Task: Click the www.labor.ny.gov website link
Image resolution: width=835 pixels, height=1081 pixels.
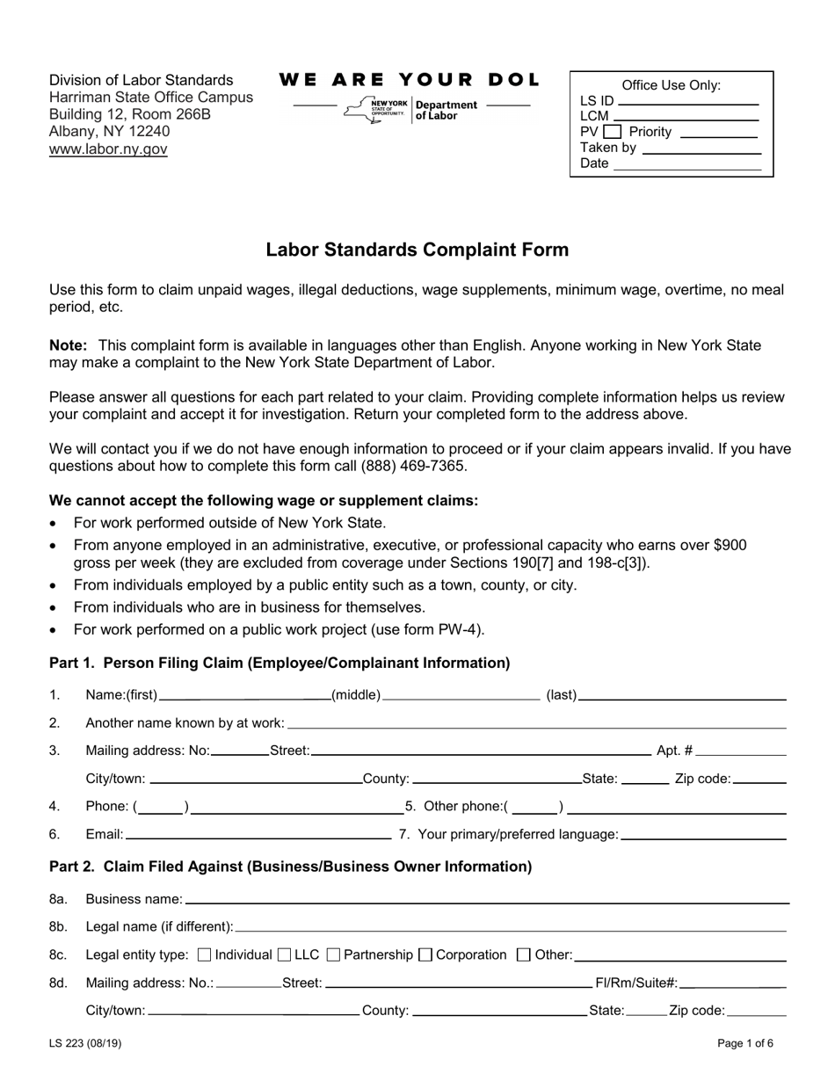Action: coord(108,149)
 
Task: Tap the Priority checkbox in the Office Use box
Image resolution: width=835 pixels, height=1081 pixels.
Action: coord(612,132)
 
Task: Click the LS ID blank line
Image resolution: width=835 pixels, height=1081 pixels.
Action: coord(688,102)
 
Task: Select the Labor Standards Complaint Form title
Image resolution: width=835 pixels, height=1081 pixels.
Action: coord(417,250)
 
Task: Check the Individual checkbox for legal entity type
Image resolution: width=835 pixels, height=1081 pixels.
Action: coord(206,955)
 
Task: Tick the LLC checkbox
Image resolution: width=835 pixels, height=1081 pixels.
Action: coord(285,955)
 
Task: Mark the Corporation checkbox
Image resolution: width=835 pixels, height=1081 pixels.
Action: coord(425,955)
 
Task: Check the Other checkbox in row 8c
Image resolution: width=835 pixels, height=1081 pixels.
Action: coord(524,955)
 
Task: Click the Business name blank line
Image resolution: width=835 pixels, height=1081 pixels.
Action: coord(487,900)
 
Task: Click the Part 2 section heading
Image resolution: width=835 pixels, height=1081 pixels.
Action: coord(290,867)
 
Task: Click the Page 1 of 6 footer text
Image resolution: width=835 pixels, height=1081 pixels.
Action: coord(745,1045)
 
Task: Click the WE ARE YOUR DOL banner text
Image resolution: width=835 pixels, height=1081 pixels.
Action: coord(410,80)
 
